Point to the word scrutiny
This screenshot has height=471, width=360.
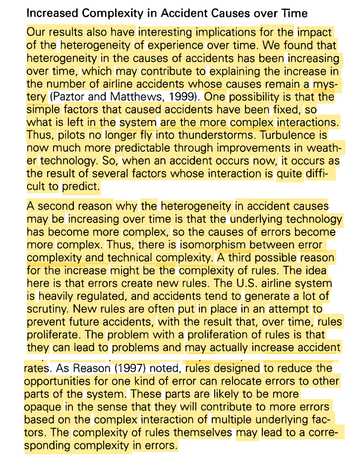point(46,309)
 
